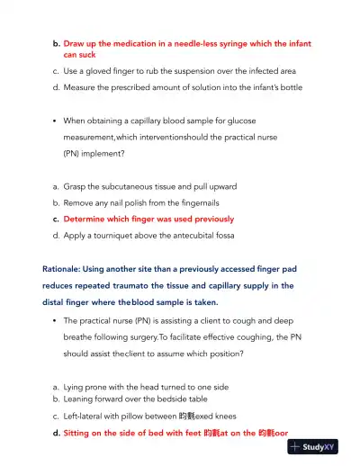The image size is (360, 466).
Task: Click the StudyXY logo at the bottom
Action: click(x=320, y=446)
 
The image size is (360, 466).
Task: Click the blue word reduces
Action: click(x=62, y=285)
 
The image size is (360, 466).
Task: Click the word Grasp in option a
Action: click(x=76, y=186)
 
